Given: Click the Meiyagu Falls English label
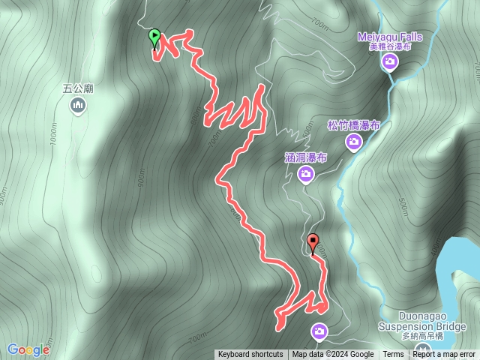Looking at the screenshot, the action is tap(389, 37).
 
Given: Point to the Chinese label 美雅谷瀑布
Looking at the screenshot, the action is tap(390, 46).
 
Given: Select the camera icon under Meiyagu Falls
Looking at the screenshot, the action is tap(389, 62).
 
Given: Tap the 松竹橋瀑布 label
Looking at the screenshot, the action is tap(353, 125).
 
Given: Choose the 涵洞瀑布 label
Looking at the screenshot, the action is tap(306, 158).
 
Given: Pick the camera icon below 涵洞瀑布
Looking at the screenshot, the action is tap(305, 175).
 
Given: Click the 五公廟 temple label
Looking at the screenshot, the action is tap(77, 88).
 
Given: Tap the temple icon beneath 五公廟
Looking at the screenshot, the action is tap(77, 106).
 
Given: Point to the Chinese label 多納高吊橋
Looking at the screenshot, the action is tap(422, 337).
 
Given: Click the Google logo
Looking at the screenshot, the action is tap(28, 349).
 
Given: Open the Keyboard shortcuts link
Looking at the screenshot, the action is tap(250, 355).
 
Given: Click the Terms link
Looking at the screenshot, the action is tap(393, 355).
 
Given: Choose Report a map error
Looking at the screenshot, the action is tap(445, 355).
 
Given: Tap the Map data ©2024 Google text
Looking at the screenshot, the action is tap(333, 355).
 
